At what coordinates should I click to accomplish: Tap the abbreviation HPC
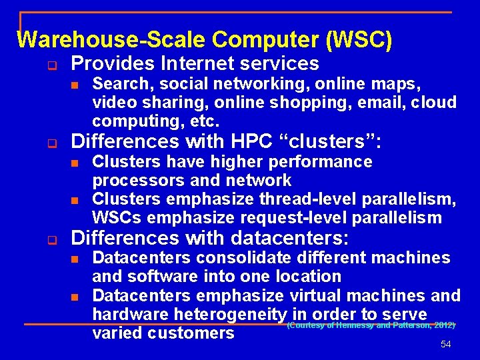(253, 142)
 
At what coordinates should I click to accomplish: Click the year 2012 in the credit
(442, 325)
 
